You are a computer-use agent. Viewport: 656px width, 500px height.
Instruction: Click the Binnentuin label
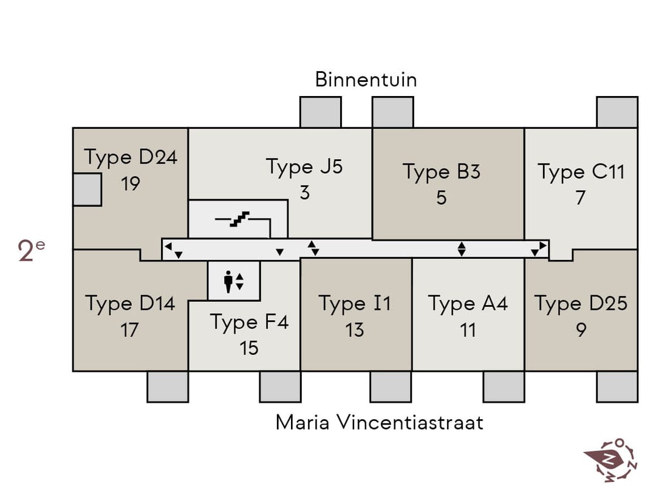coord(366,80)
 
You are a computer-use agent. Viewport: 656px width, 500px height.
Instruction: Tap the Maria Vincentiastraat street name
coord(380,422)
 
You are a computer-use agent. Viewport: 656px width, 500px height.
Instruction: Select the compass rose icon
coord(611,461)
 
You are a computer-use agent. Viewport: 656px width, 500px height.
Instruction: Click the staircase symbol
coord(240,219)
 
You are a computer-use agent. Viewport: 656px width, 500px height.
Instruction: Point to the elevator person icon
coord(228,281)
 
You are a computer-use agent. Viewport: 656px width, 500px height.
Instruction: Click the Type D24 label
coord(131,158)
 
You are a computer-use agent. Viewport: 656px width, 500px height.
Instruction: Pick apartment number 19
coord(131,183)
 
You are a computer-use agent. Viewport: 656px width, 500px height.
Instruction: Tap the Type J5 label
coord(304,167)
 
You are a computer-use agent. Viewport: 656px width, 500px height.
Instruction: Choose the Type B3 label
coord(442,172)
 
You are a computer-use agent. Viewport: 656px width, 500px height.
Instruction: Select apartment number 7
coord(580,197)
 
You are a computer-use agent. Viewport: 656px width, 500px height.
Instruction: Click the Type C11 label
coord(581,172)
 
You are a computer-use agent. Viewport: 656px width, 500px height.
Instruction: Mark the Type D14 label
coord(130,304)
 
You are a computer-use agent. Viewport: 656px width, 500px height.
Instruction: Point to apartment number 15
coord(249,348)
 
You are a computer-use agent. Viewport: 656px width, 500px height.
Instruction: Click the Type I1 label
coord(355,304)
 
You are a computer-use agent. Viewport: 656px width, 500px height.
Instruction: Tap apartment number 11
coord(468,330)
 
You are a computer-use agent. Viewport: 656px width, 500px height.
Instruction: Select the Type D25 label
coord(581,304)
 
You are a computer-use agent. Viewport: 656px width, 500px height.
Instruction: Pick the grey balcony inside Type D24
coord(87,190)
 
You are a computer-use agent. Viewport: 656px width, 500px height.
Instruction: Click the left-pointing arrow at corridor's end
coord(168,247)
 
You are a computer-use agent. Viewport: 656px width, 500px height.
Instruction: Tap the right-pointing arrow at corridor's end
coord(543,245)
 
